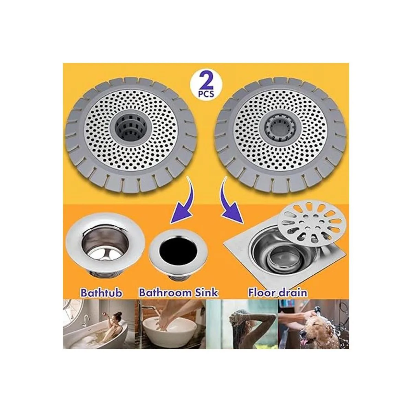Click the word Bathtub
point(102,293)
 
